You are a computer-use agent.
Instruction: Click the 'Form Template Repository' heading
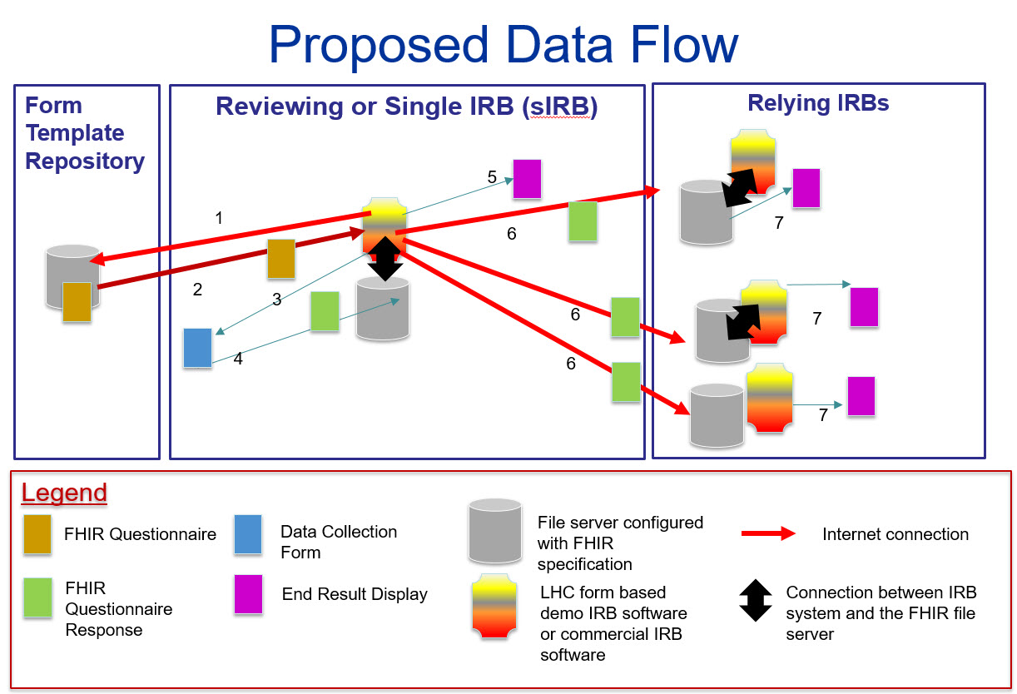[84, 133]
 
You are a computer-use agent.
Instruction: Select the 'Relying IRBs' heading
[817, 103]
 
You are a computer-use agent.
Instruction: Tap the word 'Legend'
[64, 493]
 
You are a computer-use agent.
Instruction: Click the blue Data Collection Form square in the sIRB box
[198, 348]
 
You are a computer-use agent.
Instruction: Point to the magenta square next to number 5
[527, 179]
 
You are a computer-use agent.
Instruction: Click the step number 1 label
[219, 218]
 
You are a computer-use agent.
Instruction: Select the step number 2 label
[197, 290]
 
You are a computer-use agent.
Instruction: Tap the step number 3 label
[277, 300]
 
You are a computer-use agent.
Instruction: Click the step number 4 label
[238, 359]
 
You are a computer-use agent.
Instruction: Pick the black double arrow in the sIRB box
[385, 259]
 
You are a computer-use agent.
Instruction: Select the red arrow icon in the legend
[768, 534]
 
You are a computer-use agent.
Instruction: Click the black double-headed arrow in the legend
[756, 602]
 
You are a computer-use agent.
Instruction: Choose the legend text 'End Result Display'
[355, 594]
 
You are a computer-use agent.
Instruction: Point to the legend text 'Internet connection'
[895, 534]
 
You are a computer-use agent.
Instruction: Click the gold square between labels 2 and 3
[281, 258]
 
